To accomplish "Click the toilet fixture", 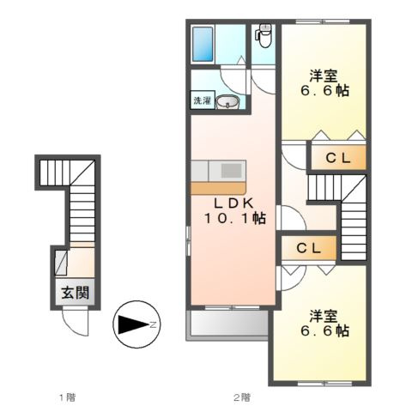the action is click(x=264, y=36).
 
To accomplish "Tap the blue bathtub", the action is click(x=203, y=44).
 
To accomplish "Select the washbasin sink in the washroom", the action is click(x=227, y=101).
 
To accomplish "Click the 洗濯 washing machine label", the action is click(x=203, y=100).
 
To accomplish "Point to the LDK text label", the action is click(x=234, y=203).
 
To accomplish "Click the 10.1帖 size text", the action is click(x=234, y=219).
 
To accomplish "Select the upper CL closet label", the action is click(x=338, y=158).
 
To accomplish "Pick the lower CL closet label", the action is click(x=309, y=248).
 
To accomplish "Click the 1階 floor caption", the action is click(x=67, y=397).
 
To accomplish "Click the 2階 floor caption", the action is click(x=242, y=397).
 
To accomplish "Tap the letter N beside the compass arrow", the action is click(x=153, y=324).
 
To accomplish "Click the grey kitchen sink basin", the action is click(x=231, y=171).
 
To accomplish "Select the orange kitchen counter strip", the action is click(x=218, y=188).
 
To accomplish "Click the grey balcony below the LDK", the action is click(x=227, y=324).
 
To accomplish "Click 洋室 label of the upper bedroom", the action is click(x=323, y=76).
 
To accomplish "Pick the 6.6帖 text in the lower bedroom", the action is click(x=324, y=331).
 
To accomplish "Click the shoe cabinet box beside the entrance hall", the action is click(x=61, y=263).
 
